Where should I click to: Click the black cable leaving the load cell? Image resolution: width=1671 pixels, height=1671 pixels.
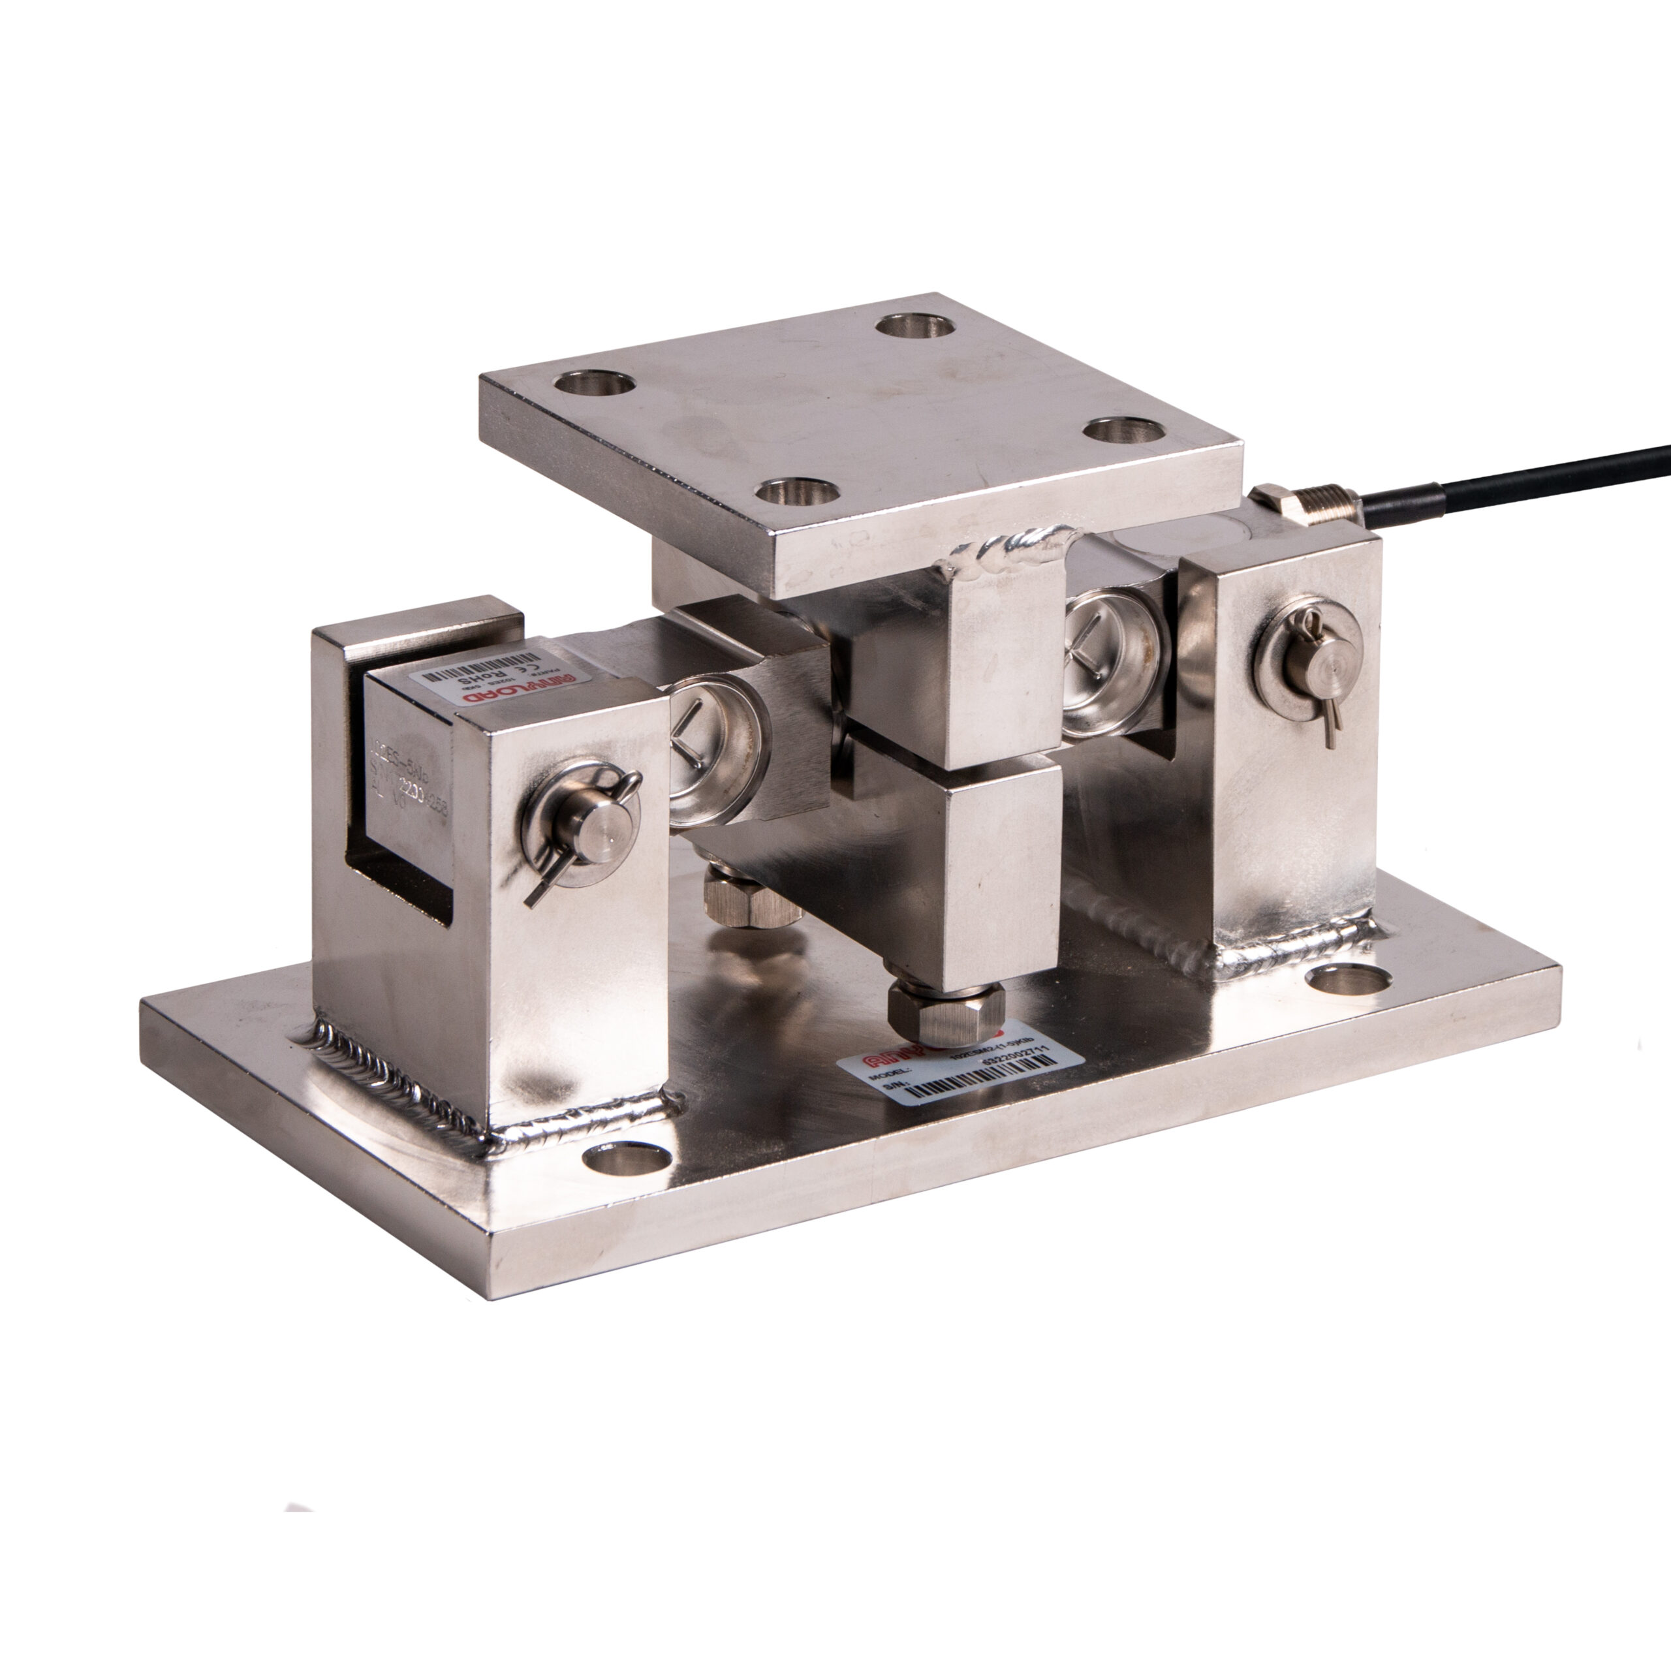pyautogui.click(x=1522, y=489)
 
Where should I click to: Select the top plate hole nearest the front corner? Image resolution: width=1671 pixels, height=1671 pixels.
pyautogui.click(x=798, y=493)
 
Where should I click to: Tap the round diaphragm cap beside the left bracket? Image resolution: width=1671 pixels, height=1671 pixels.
pyautogui.click(x=714, y=748)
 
